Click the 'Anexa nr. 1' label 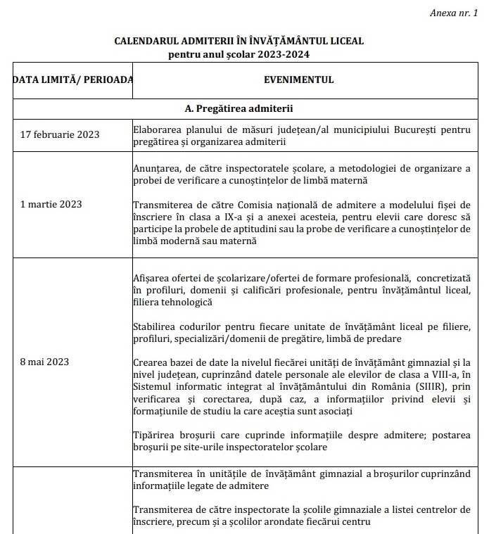click(457, 13)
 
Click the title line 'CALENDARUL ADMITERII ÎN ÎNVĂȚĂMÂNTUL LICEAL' click(239, 41)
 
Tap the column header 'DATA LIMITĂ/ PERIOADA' click(72, 80)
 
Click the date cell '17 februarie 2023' click(60, 135)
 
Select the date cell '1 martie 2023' click(51, 204)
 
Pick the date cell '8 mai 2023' click(44, 362)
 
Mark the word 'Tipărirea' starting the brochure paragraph click(153, 435)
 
